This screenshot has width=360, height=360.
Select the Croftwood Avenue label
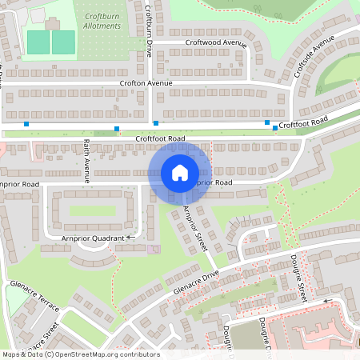click(215, 42)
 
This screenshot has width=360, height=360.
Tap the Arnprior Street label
click(195, 228)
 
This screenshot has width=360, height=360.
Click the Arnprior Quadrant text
click(93, 238)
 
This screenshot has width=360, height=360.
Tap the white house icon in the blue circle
click(180, 172)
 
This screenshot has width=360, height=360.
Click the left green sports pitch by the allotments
click(38, 41)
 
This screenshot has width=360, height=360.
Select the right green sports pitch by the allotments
click(64, 41)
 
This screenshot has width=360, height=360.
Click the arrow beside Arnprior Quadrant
click(130, 238)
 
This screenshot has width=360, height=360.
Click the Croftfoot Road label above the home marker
click(160, 138)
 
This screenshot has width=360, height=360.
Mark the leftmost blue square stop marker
click(26, 124)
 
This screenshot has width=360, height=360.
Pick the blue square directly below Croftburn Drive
click(155, 123)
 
